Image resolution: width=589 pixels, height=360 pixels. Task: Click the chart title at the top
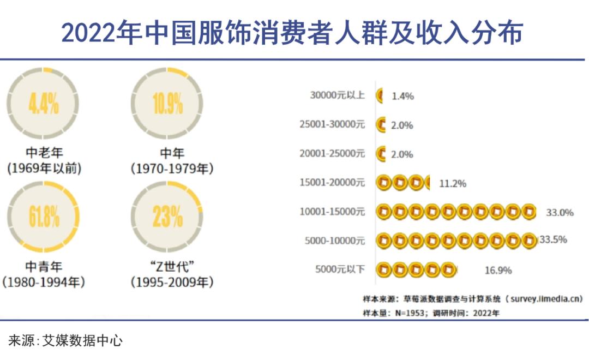coord(292,33)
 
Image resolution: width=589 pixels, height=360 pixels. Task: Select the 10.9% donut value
coord(167,103)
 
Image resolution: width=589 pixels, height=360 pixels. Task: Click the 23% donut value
coord(167,217)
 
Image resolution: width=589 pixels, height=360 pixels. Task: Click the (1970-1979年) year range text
coord(172,169)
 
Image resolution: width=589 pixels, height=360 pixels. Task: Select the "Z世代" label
coord(172,267)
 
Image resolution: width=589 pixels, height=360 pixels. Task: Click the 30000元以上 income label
coord(337,95)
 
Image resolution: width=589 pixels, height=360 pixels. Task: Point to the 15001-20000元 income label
coord(332,182)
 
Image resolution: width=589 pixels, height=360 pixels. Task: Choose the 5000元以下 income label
coord(340,269)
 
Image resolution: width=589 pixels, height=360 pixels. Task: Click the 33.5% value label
coord(553,239)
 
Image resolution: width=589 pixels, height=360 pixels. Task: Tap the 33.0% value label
coord(560,212)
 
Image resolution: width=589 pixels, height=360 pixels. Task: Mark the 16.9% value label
coord(498,270)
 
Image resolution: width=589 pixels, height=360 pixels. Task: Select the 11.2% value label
coord(453,183)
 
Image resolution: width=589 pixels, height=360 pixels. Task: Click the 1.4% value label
coord(402,97)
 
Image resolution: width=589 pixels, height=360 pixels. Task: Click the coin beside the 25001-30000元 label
coord(381,125)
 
